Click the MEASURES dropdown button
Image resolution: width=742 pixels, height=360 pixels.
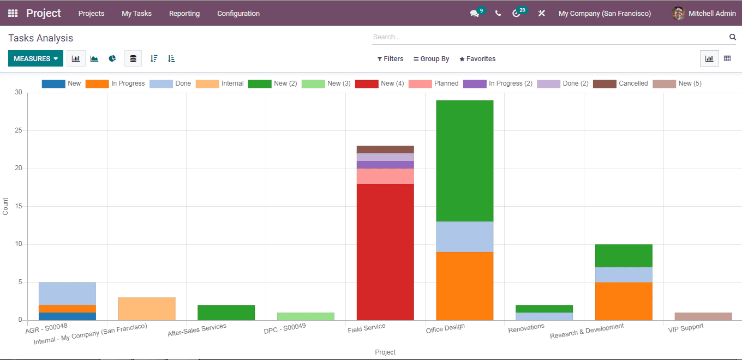pos(35,59)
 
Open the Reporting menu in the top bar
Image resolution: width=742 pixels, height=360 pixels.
pos(184,14)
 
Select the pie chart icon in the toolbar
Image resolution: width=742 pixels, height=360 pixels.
pos(112,59)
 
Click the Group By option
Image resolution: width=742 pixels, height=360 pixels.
pos(431,59)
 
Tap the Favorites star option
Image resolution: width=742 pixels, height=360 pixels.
pos(477,59)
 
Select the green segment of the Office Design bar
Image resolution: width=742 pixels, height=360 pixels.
pos(465,161)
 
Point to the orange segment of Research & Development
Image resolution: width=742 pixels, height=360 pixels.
pos(624,301)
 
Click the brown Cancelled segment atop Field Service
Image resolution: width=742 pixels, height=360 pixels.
pos(385,149)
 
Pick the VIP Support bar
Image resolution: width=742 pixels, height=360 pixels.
pos(703,316)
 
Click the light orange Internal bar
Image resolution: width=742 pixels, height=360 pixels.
pos(147,309)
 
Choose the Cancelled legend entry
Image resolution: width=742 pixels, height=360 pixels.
pos(621,84)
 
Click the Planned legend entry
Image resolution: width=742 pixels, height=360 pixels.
pos(434,84)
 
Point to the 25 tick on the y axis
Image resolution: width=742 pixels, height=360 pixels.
pos(19,131)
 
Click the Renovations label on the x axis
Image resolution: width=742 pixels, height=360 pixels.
pos(526,328)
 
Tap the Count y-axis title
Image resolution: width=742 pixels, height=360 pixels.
pos(5,206)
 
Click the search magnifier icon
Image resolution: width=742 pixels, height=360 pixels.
pos(732,37)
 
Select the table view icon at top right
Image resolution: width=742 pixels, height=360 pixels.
pos(727,59)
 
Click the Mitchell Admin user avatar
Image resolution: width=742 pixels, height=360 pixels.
pos(678,14)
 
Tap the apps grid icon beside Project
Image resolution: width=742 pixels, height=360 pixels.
pos(13,14)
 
